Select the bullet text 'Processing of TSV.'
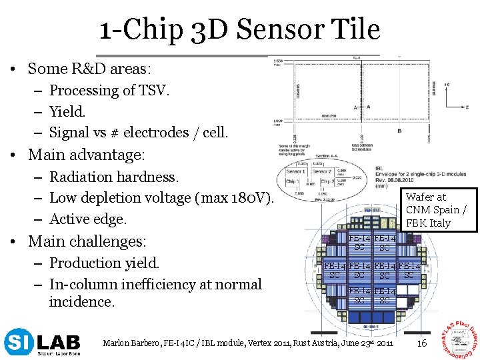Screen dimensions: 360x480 pyautogui.click(x=110, y=90)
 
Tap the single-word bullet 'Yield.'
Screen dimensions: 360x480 pyautogui.click(x=67, y=111)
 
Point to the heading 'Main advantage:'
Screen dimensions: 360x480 pyautogui.click(x=86, y=155)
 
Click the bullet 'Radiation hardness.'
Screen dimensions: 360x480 pyautogui.click(x=114, y=177)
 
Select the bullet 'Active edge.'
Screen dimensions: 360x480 pyautogui.click(x=88, y=219)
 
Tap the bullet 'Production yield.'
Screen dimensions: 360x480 pyautogui.click(x=104, y=263)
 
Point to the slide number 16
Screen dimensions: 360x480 pyautogui.click(x=421, y=343)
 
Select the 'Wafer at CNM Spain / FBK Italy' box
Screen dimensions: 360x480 pyautogui.click(x=436, y=209)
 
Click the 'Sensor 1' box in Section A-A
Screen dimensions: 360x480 pyautogui.click(x=295, y=170)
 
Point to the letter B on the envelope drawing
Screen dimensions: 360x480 pyautogui.click(x=399, y=131)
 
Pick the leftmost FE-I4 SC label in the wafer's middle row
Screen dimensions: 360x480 pyautogui.click(x=335, y=271)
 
